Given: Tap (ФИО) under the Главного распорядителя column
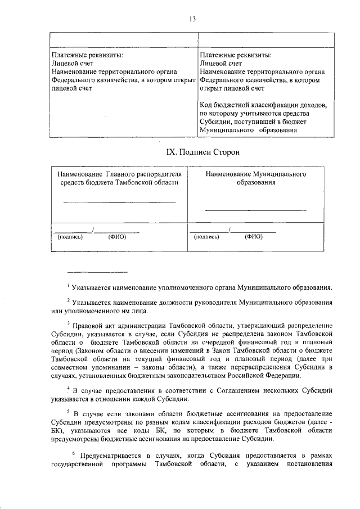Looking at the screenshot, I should tap(117, 237).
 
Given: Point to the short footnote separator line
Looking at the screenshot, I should tap(97, 273).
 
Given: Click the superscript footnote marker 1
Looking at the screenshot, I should tap(68, 286).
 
